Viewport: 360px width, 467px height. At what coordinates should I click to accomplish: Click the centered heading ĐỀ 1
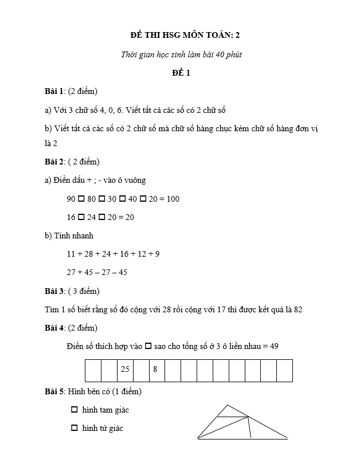coord(181,73)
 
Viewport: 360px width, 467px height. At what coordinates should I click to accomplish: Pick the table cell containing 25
coord(125,370)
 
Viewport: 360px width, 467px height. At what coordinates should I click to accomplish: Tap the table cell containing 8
coord(155,370)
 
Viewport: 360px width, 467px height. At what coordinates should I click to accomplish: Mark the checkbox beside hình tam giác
coord(74,410)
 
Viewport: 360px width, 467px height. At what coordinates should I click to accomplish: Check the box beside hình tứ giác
coord(74,428)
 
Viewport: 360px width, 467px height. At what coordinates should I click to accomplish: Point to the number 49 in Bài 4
coord(274,346)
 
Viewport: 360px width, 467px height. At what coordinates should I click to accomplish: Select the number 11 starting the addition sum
coord(71,254)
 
